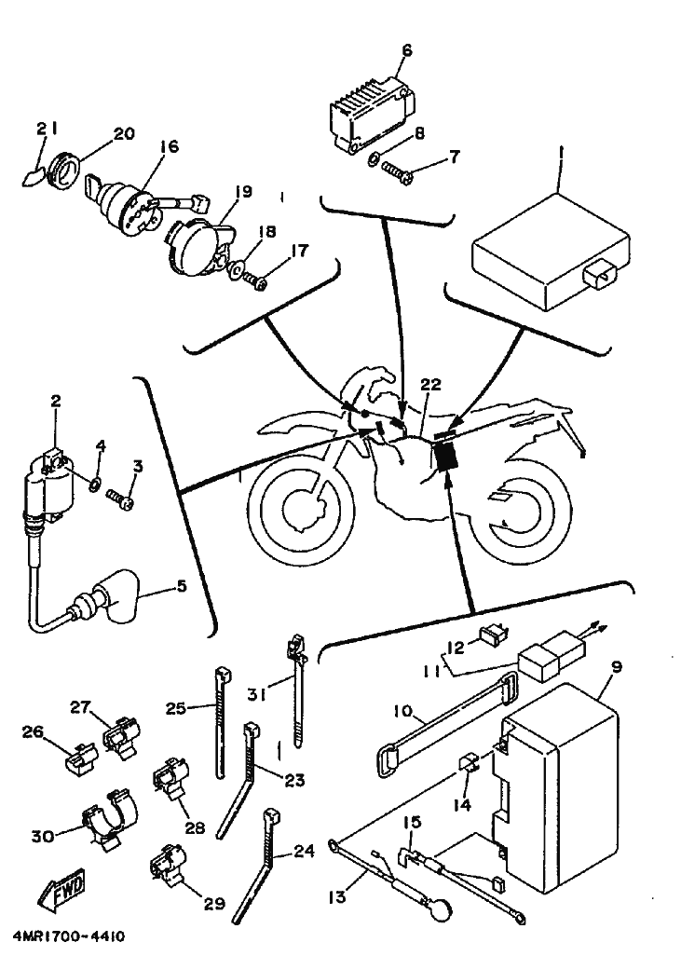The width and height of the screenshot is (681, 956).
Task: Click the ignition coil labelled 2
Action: [x=43, y=488]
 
